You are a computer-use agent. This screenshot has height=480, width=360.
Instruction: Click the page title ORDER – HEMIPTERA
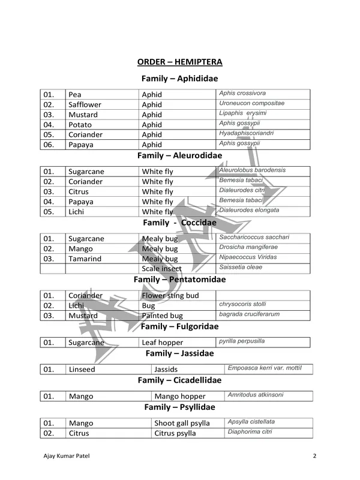click(x=179, y=62)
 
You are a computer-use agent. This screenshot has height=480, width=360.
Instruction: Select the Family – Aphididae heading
click(x=179, y=79)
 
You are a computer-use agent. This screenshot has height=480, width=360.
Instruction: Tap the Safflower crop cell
click(x=85, y=104)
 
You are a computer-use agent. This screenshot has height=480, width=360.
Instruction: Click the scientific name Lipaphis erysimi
click(x=243, y=113)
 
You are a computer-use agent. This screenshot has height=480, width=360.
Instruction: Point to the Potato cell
click(x=80, y=124)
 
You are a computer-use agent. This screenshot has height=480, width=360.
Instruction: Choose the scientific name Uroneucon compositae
click(x=251, y=103)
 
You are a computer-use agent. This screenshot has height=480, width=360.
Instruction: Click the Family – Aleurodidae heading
click(x=179, y=155)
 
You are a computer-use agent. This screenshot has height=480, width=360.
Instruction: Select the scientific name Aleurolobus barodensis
click(x=252, y=170)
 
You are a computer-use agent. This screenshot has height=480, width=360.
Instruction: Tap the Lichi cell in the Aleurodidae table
click(x=77, y=211)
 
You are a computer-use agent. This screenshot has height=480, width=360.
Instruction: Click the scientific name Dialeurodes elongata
click(x=249, y=211)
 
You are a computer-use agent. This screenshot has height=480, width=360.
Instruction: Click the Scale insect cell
click(x=161, y=269)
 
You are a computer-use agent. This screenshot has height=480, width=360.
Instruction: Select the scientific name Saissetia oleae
click(x=240, y=268)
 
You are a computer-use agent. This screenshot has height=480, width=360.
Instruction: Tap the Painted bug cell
click(x=162, y=316)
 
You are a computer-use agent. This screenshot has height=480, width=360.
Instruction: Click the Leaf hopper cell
click(x=162, y=343)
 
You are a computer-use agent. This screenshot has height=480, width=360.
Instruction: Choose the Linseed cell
click(x=82, y=370)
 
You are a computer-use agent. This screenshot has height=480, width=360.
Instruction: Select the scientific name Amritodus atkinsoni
click(x=256, y=395)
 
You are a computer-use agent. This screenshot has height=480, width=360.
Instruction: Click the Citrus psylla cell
click(x=175, y=433)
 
